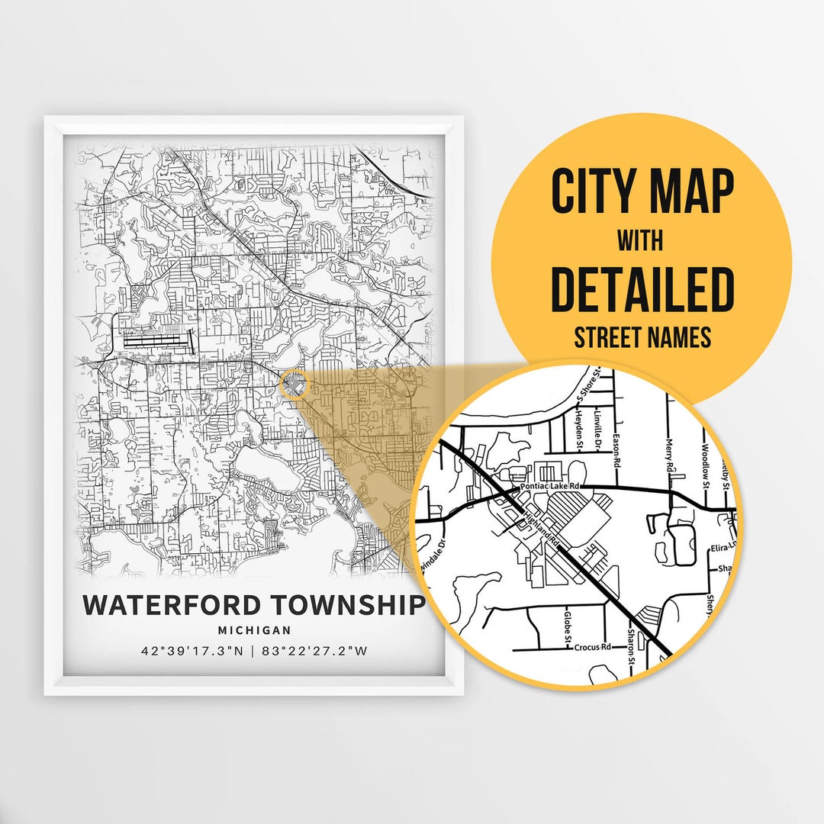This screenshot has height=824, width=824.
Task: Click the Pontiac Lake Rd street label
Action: pos(550,486)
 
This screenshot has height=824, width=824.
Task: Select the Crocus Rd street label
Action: pos(593,648)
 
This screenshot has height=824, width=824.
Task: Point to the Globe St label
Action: pos(567,626)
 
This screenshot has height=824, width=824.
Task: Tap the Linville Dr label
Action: pos(600,428)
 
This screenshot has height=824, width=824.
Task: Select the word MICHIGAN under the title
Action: pos(254,630)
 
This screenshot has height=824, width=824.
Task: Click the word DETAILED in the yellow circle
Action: pos(642,288)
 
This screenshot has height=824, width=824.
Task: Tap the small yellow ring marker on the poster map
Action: pos(294,385)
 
